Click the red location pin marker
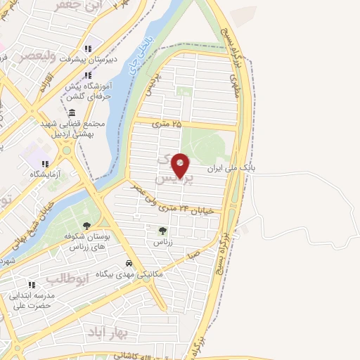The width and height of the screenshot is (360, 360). point(181,165)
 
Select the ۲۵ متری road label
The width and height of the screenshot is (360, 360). point(167,124)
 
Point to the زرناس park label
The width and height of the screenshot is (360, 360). point(163,241)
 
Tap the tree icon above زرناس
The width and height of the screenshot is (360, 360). point(163,230)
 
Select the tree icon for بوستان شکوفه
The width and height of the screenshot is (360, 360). point(86,226)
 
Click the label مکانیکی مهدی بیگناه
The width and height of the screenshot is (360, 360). point(138,274)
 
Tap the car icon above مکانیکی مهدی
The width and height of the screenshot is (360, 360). point(138,264)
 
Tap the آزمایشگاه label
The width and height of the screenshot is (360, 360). point(44,173)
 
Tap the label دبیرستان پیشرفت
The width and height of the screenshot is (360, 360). point(88,60)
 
